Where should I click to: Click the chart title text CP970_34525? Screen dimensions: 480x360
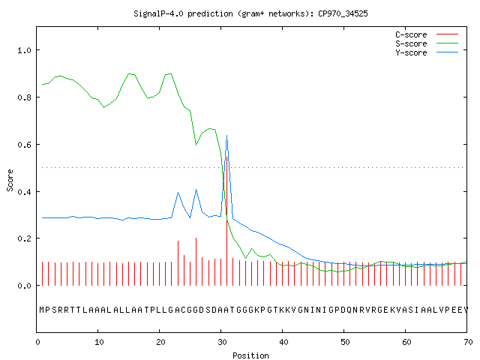tap(343, 13)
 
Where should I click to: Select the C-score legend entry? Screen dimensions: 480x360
tap(427, 34)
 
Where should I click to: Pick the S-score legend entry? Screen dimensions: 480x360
tap(427, 43)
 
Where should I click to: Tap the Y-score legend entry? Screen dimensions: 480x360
tap(427, 52)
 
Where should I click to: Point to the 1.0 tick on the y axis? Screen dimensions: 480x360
tap(25, 50)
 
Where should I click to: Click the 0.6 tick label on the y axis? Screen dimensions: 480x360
tap(25, 145)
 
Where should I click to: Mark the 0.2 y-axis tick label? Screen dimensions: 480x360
tap(25, 238)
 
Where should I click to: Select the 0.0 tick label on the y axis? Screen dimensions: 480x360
tap(25, 286)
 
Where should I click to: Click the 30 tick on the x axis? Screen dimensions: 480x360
tap(222, 342)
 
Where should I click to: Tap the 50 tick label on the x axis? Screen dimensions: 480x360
tap(345, 342)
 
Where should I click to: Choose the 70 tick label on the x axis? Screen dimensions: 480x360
tap(468, 342)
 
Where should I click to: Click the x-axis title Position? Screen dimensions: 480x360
tap(250, 355)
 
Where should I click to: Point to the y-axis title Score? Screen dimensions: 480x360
tap(10, 180)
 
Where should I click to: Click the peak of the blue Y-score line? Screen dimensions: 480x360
tap(226, 135)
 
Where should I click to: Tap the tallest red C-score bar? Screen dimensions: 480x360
tap(226, 221)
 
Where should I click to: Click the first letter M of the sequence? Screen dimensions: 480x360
tap(42, 310)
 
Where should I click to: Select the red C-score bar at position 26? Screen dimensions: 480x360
tap(196, 262)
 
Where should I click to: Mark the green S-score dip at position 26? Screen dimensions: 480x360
tap(196, 144)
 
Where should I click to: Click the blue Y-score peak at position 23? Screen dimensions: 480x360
tap(178, 193)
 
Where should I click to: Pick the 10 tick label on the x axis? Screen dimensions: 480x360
tap(99, 342)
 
